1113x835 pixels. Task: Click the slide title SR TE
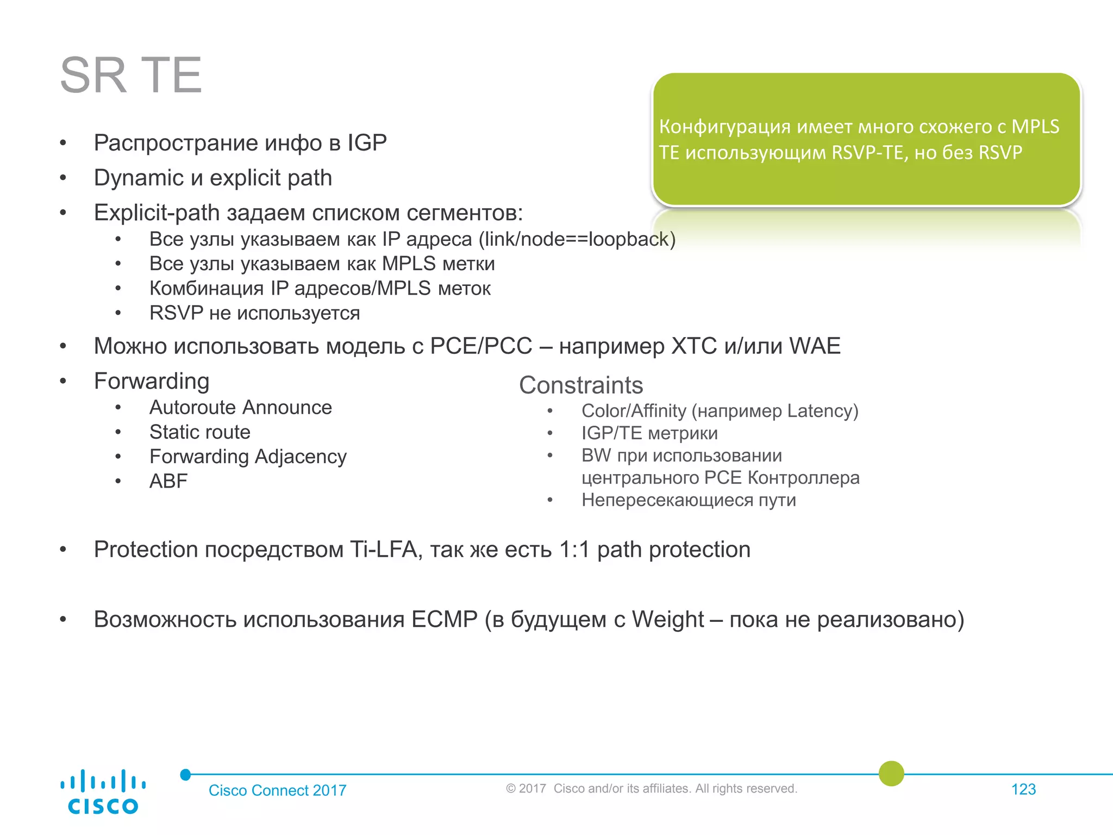tap(130, 76)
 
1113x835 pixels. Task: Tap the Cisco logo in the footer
tap(103, 792)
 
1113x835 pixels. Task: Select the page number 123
tap(1023, 789)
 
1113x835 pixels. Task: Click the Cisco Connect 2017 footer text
tap(277, 790)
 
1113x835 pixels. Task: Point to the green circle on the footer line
tap(891, 774)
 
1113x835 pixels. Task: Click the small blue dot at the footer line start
tap(186, 774)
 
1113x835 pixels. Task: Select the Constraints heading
tap(581, 385)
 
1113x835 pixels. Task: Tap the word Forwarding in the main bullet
tap(152, 381)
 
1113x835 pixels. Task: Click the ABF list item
tap(168, 481)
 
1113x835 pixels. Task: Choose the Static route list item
tap(200, 432)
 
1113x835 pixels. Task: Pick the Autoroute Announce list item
tap(240, 408)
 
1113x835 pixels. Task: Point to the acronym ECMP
tap(444, 620)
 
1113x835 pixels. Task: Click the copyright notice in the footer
tap(651, 789)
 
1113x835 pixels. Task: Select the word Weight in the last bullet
tap(667, 620)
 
